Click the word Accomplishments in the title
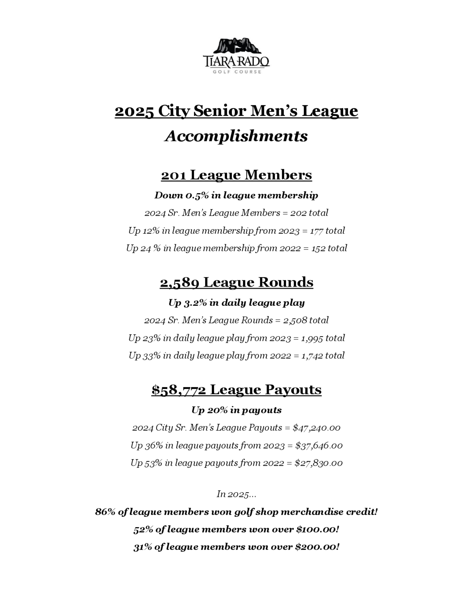point(236,136)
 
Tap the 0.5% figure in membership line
point(197,195)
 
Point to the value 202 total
point(309,213)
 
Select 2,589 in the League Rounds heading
point(180,283)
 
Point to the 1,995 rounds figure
point(312,338)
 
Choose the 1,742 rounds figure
point(312,356)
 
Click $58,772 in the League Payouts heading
point(179,390)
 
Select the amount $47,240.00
point(316,428)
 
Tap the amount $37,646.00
point(319,446)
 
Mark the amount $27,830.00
point(318,463)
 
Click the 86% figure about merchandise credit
point(105,512)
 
